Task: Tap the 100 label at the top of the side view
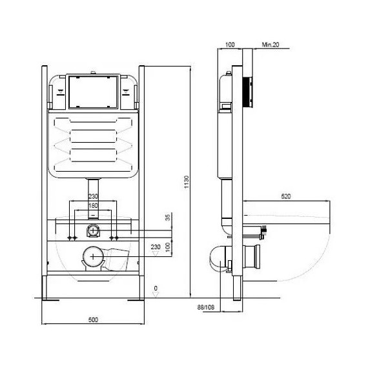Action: tap(229, 45)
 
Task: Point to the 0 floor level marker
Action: tap(155, 288)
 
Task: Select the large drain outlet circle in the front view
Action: tap(93, 256)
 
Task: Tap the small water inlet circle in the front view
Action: tap(93, 231)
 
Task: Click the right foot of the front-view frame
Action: tap(138, 299)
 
